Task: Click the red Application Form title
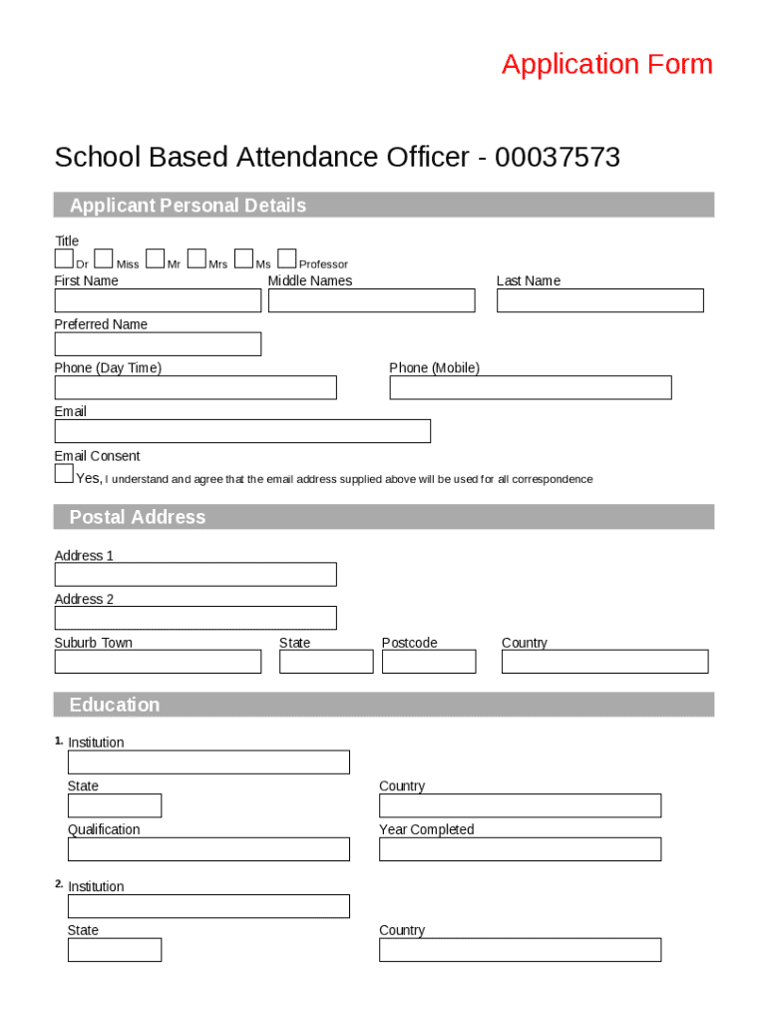click(x=606, y=64)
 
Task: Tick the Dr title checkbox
click(x=64, y=259)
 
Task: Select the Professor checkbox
click(x=287, y=259)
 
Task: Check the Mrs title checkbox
click(x=196, y=259)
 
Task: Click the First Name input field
click(x=158, y=300)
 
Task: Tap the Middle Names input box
click(x=371, y=300)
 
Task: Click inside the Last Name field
click(x=599, y=300)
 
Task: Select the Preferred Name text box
click(x=158, y=344)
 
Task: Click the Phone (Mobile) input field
click(x=530, y=387)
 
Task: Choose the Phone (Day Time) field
click(x=195, y=387)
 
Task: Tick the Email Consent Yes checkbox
click(x=64, y=474)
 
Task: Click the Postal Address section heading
click(x=138, y=517)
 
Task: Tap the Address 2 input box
click(x=195, y=618)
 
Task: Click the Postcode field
click(x=429, y=662)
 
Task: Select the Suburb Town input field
click(x=158, y=662)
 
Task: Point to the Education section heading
click(x=115, y=705)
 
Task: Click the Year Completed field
click(x=520, y=849)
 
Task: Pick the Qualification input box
click(x=208, y=849)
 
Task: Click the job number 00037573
click(x=558, y=158)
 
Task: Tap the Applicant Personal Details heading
click(x=188, y=206)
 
